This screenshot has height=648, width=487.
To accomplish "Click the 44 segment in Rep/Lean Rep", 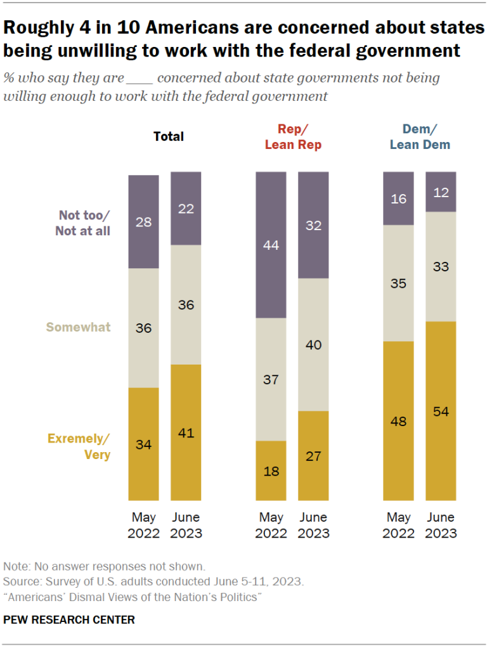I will coord(271,245).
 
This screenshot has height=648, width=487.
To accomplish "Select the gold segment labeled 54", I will coord(441,411).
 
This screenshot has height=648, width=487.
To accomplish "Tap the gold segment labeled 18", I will coord(271,470).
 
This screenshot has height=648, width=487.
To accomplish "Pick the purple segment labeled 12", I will coord(441,191).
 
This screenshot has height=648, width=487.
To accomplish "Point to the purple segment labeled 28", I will coord(143,221).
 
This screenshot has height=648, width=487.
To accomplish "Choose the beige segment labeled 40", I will coord(313,344).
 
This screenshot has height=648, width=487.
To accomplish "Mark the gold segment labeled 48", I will coord(398,420).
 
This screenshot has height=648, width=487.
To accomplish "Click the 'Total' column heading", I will coord(168,136).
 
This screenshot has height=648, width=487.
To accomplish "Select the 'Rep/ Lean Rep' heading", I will coord(292,137).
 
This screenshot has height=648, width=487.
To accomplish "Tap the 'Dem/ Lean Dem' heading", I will coord(419,137).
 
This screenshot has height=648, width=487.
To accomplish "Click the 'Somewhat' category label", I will coord(79,327).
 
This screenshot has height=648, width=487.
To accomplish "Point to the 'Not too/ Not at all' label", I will coord(82,223).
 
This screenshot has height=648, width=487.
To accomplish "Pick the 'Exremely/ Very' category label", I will coord(79,446).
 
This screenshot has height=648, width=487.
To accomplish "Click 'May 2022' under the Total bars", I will coord(143,525).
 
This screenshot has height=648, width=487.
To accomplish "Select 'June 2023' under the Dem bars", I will coord(441,525).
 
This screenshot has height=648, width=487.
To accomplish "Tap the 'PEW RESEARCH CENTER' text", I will coord(69,619).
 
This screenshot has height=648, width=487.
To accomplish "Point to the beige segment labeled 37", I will coord(271,379).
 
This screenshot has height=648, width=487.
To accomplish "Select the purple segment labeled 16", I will coord(398,198).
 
